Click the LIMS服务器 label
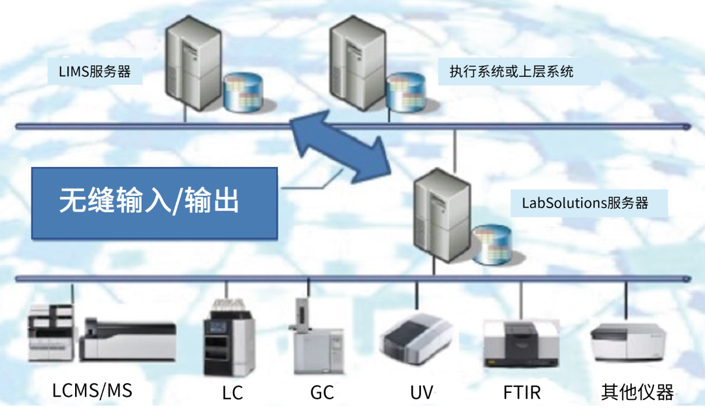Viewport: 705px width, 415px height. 95,72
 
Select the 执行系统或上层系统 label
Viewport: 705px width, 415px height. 511,72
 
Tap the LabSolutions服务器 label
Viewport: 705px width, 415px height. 585,203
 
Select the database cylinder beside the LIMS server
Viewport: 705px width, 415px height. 242,92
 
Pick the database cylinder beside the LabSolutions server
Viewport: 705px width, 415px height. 491,245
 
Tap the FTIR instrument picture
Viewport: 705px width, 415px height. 521,342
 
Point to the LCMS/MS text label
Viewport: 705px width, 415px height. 92,391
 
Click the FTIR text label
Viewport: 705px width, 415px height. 522,393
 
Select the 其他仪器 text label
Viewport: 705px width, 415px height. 636,393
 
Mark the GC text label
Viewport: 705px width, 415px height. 322,393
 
